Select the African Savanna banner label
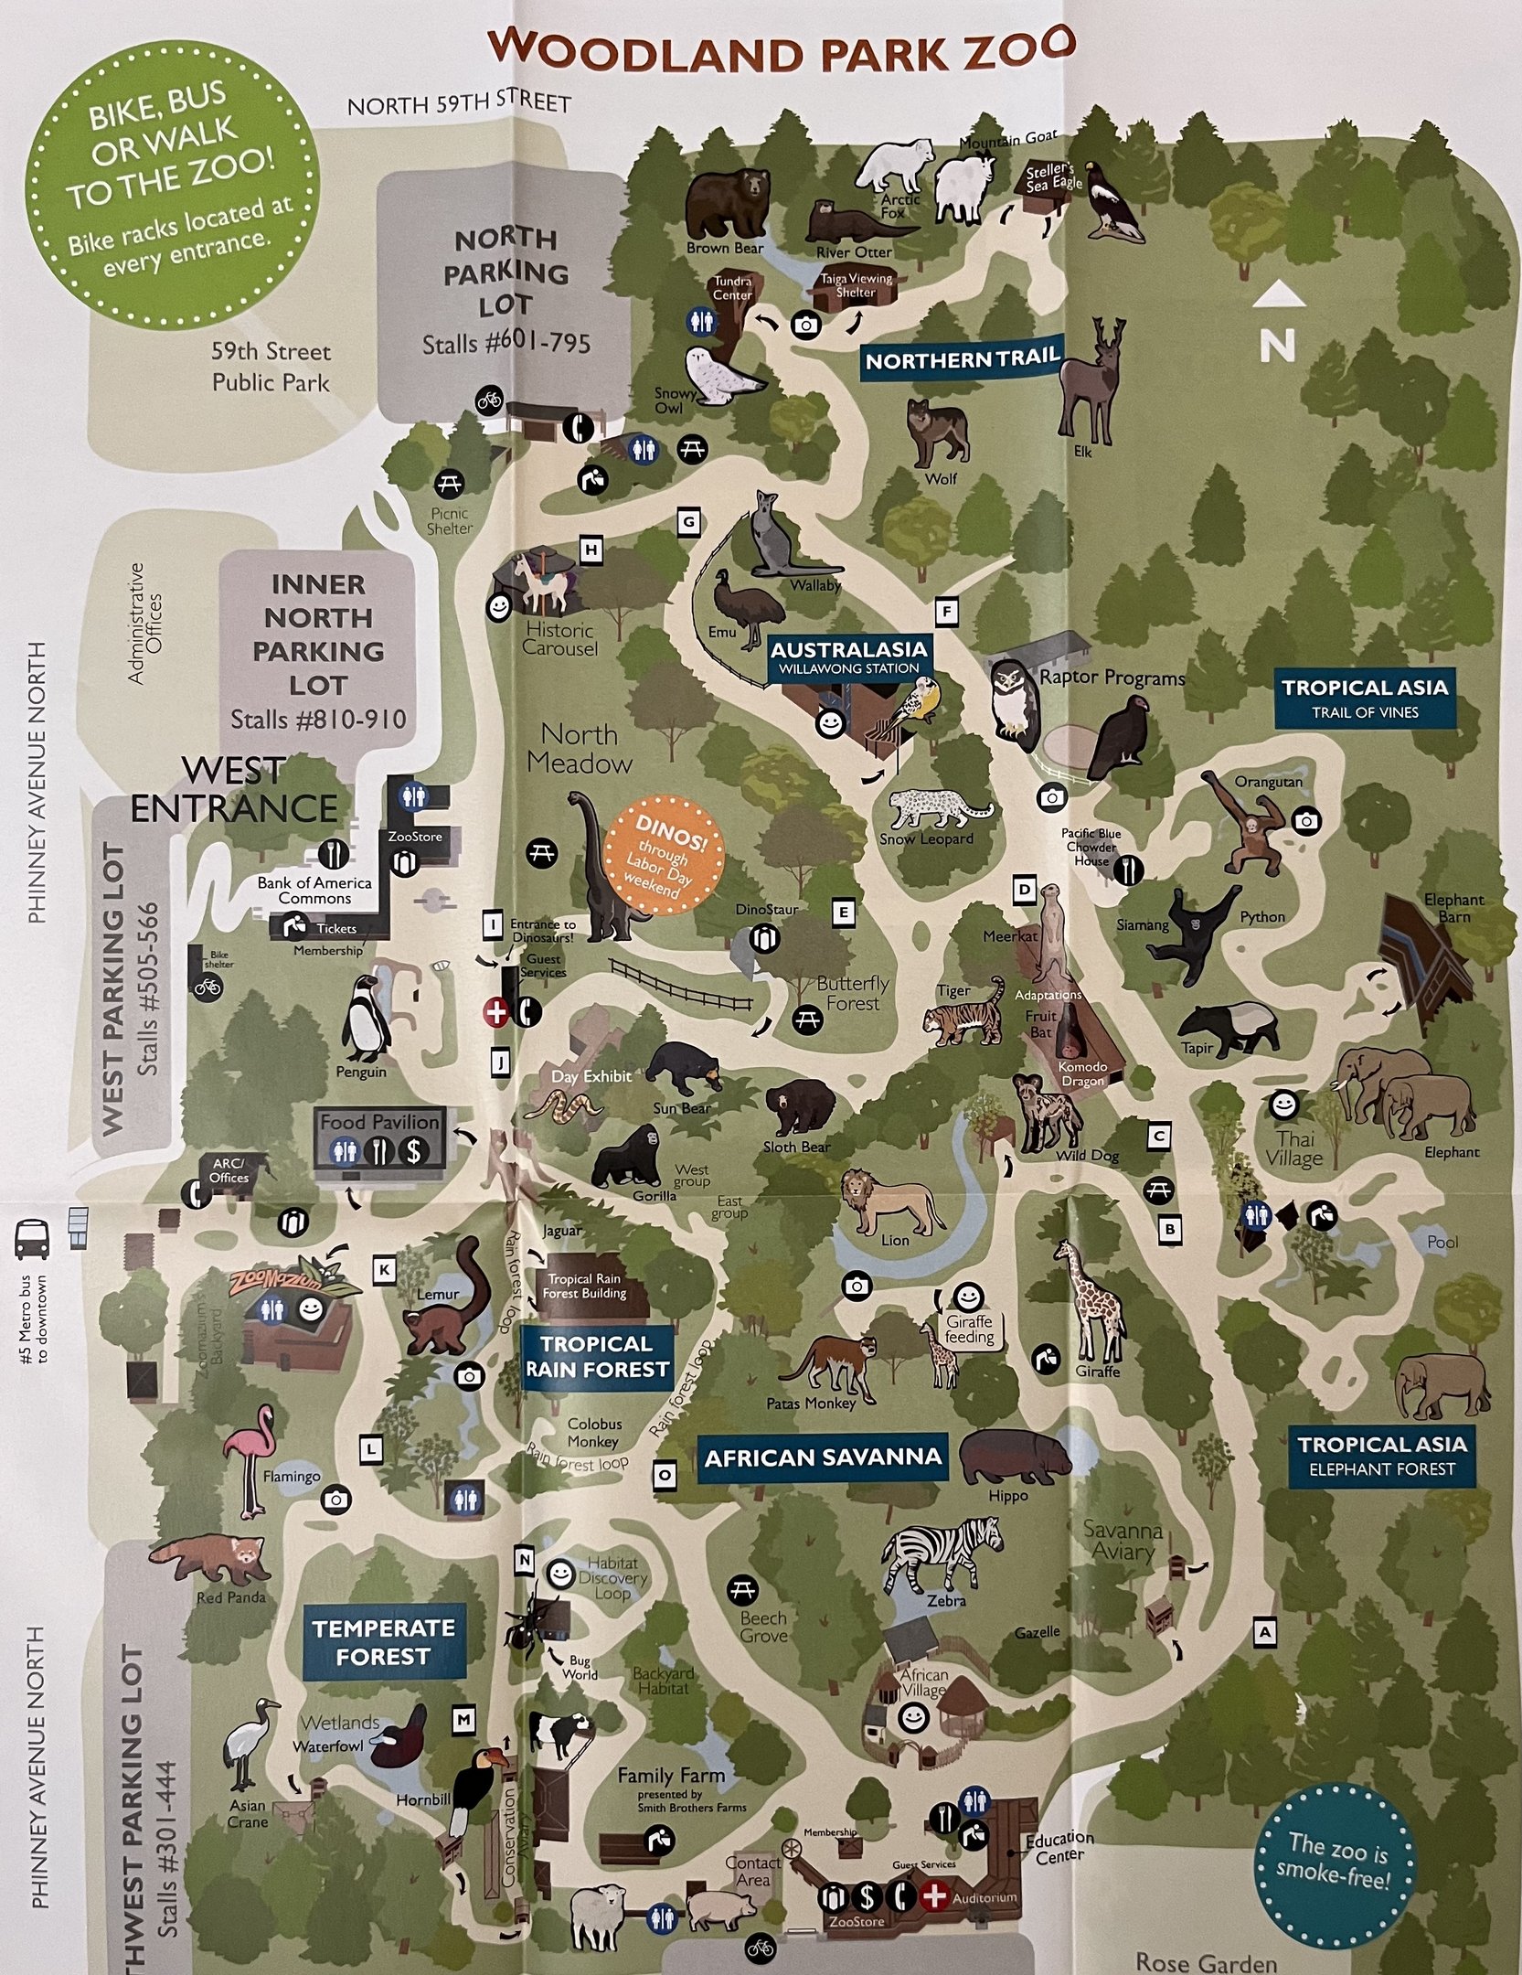[x=823, y=1457]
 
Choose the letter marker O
[x=665, y=1474]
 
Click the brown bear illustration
[x=729, y=203]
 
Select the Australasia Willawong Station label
[x=848, y=657]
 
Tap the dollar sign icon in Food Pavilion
[x=414, y=1151]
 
